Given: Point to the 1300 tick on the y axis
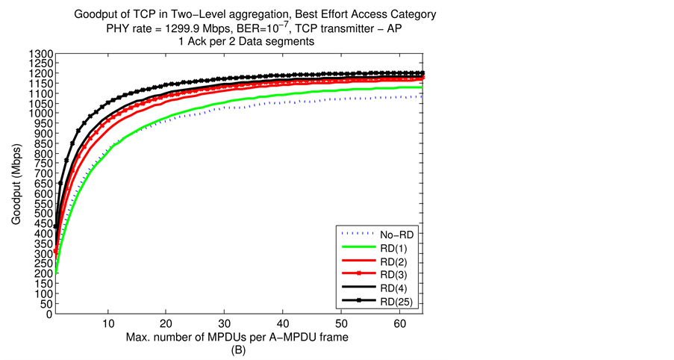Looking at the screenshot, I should (x=41, y=55).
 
